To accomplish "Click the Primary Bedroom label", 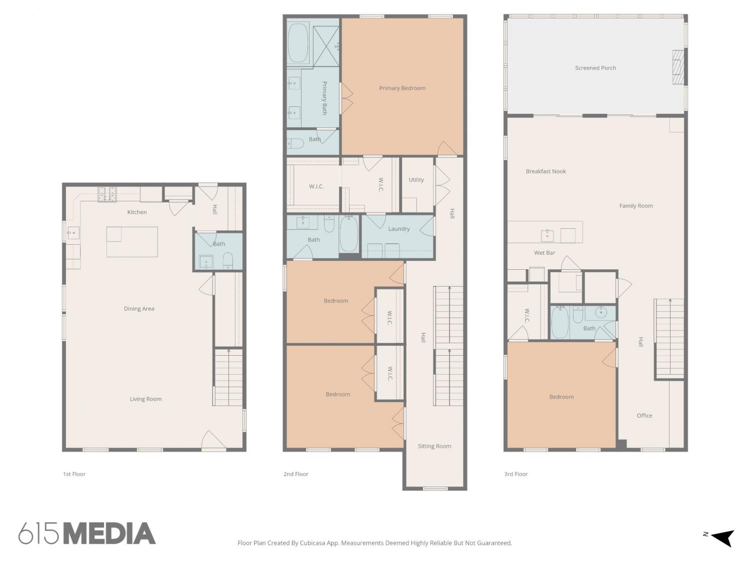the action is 402,88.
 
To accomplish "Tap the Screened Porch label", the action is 595,68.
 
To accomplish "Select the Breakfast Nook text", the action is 545,171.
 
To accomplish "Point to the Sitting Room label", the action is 434,446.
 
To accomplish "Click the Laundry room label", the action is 398,229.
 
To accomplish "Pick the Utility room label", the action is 416,180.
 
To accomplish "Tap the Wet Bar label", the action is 544,253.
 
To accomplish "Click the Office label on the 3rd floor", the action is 644,416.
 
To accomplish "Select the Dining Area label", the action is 138,309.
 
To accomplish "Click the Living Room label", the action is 145,399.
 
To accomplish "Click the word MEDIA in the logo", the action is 109,534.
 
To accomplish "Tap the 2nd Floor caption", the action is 295,474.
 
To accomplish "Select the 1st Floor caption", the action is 74,474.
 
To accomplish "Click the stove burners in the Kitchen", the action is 107,194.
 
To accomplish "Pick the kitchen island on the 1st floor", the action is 132,242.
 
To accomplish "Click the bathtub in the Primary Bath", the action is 298,42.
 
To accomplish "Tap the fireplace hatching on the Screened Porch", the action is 678,67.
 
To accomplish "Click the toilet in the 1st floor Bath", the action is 227,262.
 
